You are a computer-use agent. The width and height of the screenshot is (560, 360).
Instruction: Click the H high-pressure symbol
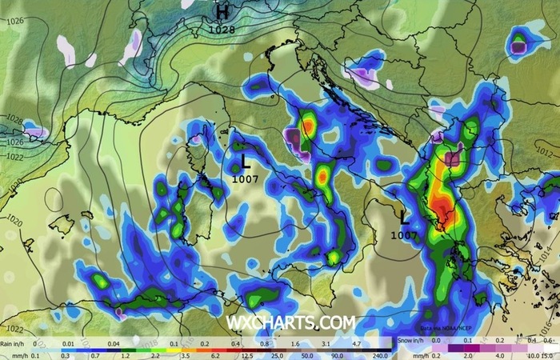point(222,12)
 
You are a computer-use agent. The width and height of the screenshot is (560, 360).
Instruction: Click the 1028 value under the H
point(222,30)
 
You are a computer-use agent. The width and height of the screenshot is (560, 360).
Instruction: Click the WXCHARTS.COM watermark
point(290,322)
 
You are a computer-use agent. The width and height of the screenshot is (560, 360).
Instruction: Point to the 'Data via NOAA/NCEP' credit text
point(450,329)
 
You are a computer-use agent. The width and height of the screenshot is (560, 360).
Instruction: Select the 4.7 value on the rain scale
point(358,342)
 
